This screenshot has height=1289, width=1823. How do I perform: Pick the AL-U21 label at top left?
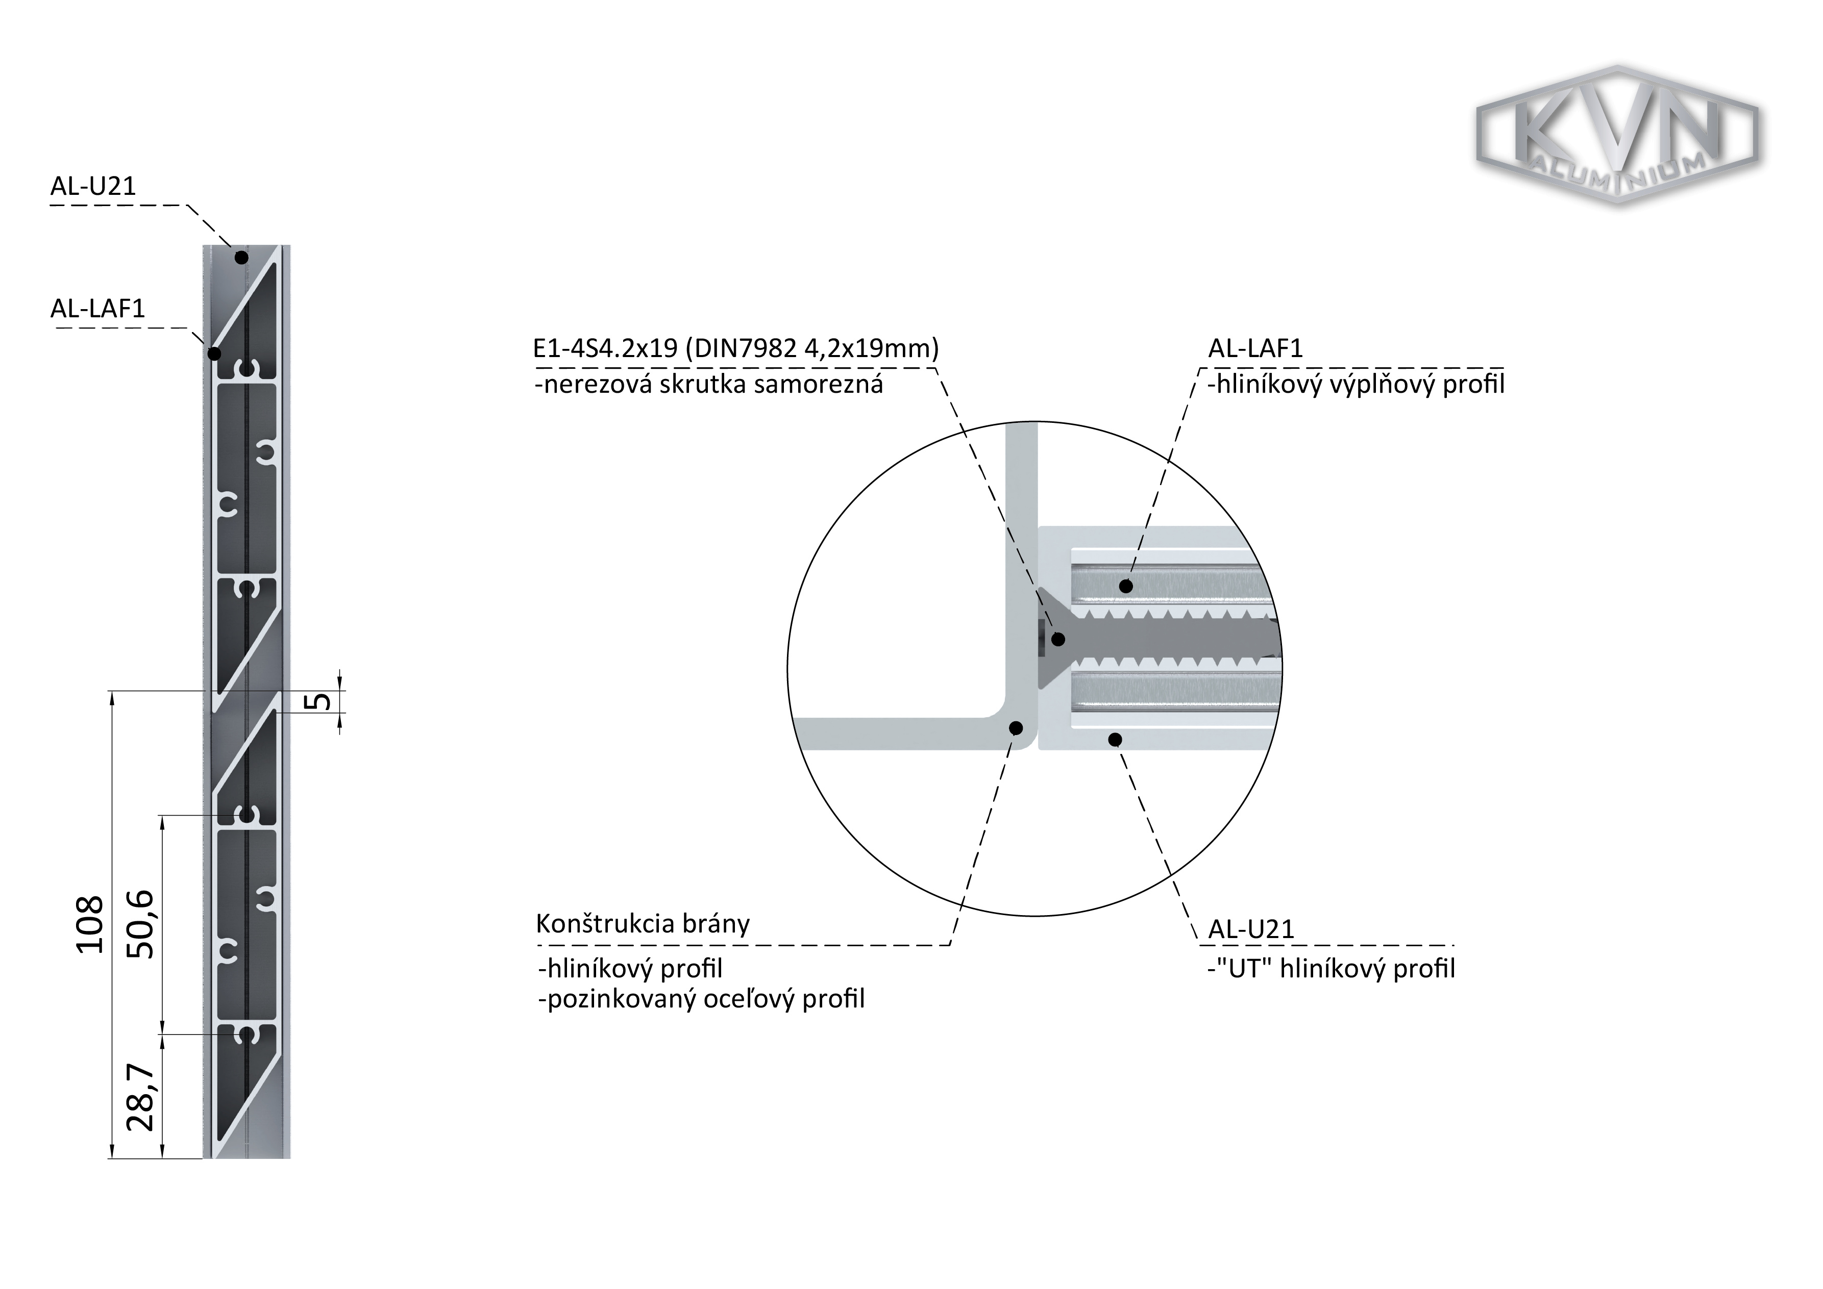click(94, 186)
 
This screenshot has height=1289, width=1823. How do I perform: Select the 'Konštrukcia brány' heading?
click(643, 923)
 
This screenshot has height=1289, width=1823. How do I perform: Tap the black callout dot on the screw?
click(1058, 639)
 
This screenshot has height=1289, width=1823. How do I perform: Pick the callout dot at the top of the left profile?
click(241, 257)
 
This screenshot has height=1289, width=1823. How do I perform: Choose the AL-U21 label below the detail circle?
click(1251, 929)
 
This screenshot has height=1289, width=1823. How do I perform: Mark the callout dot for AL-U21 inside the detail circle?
click(1115, 740)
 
